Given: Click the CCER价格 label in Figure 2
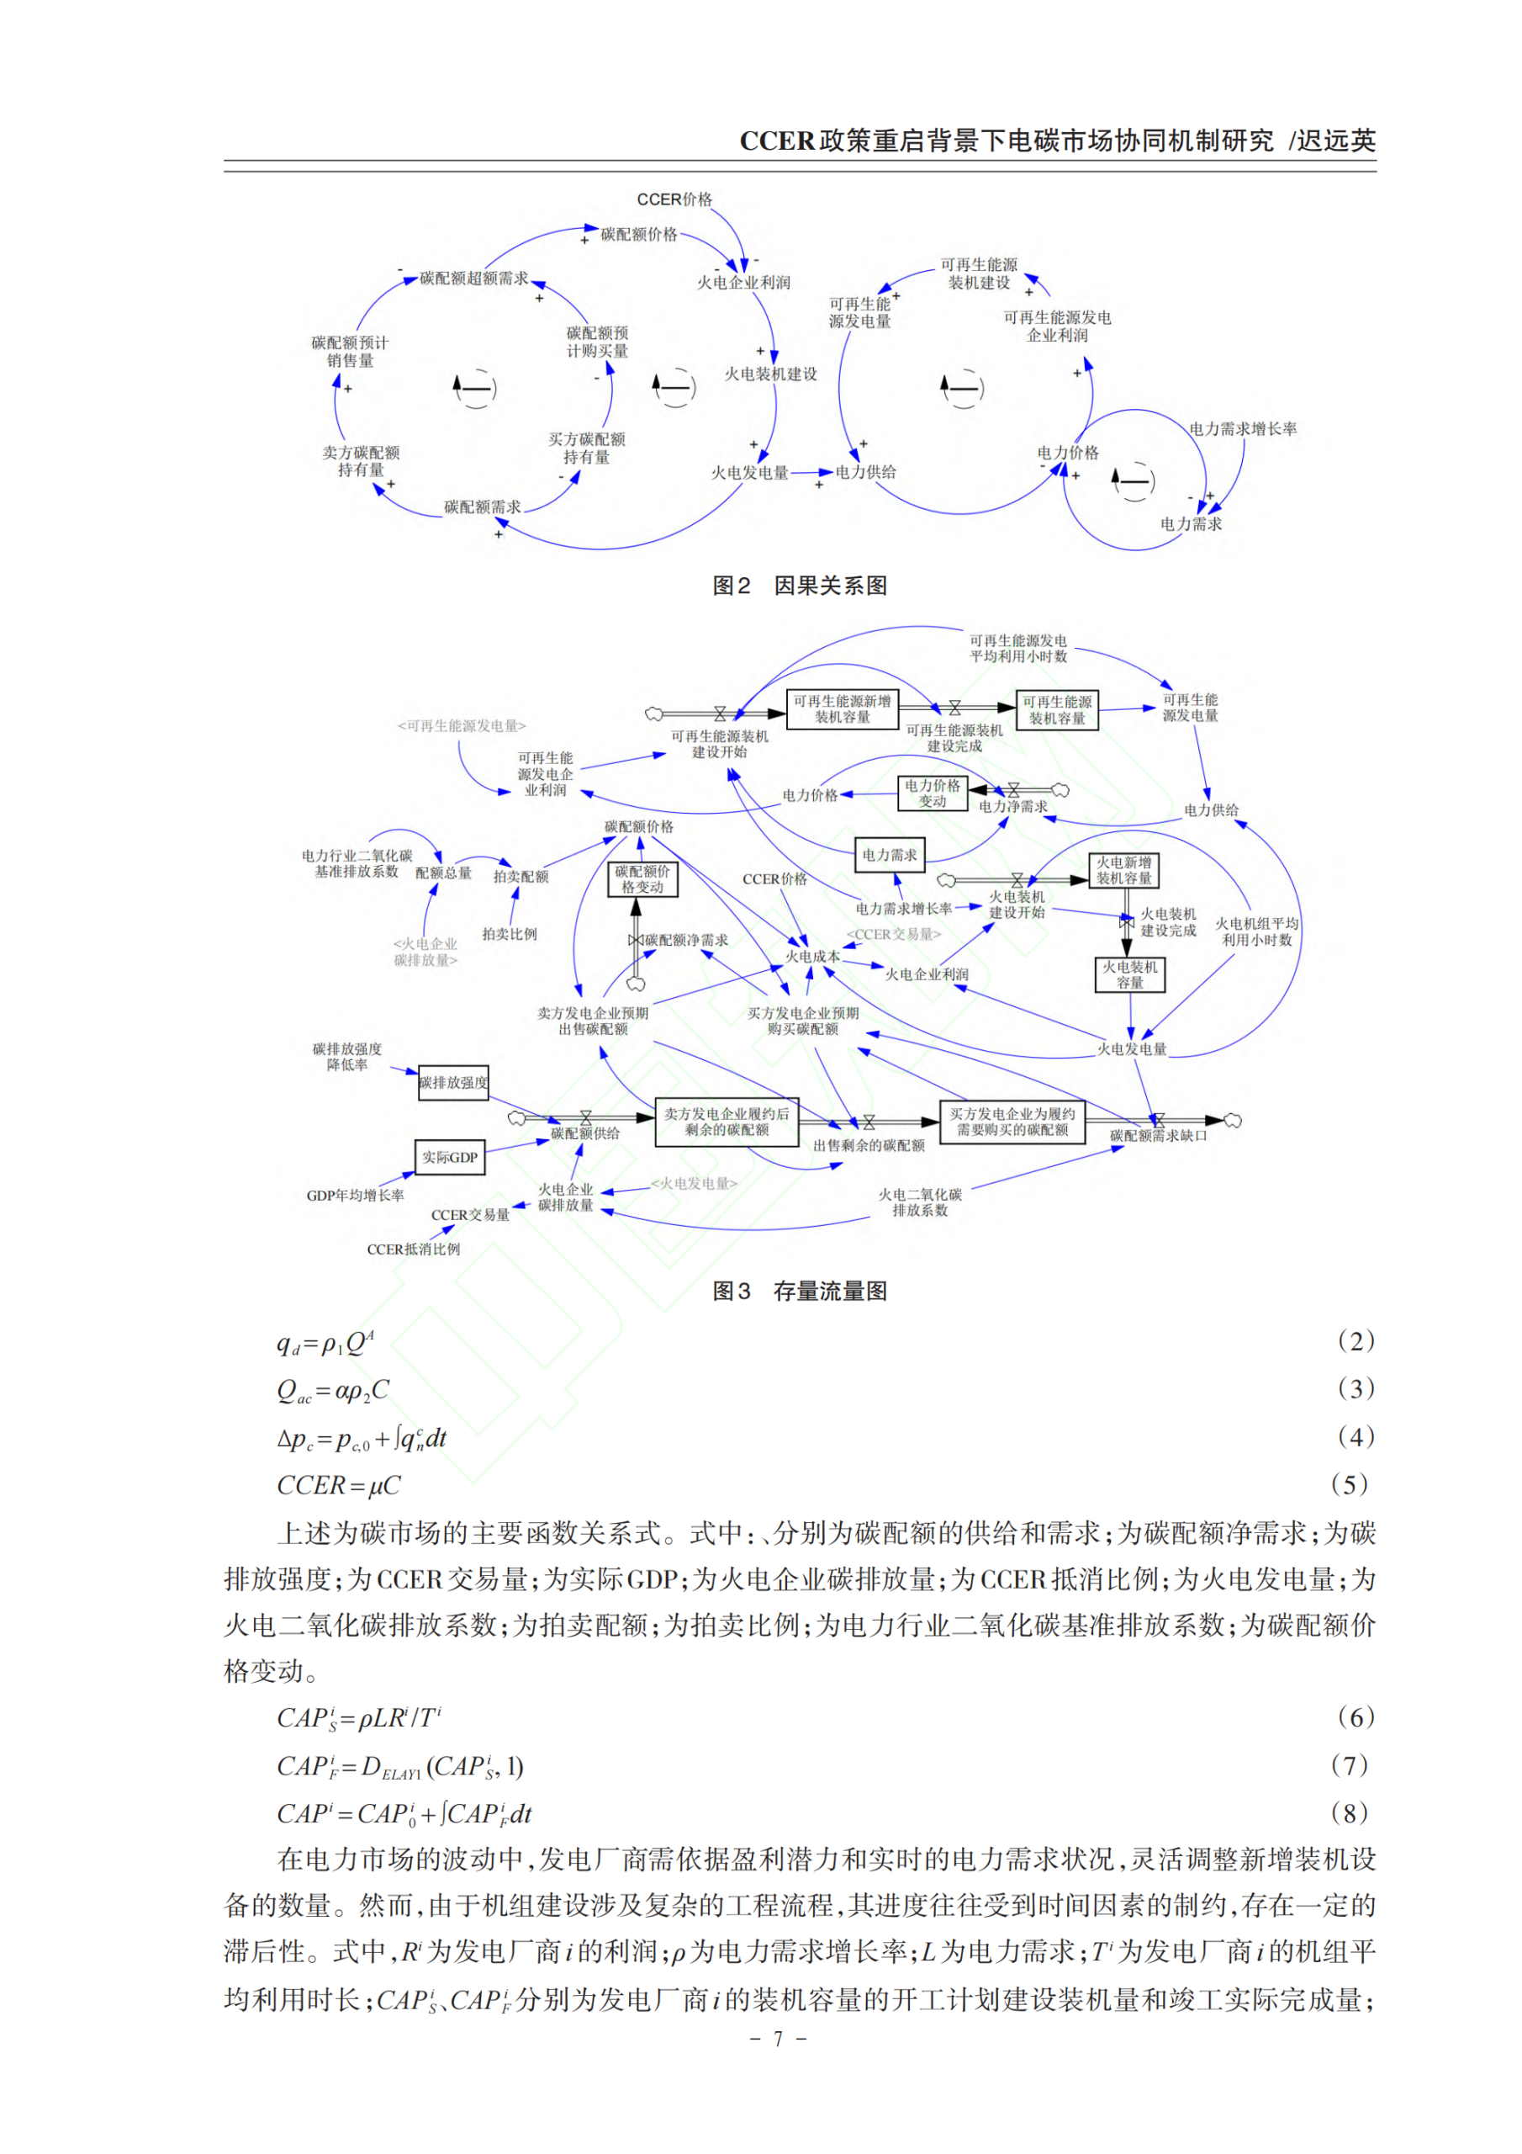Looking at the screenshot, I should (x=674, y=199).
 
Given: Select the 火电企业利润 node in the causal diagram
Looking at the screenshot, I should (x=743, y=283).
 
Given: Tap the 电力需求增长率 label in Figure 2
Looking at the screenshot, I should (x=1243, y=429).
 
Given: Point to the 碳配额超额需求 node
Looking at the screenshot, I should (x=473, y=279).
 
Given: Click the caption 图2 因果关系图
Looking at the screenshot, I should (x=799, y=586).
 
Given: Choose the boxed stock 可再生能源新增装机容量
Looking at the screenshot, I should (x=841, y=709).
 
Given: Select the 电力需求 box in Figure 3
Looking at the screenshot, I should (x=889, y=855).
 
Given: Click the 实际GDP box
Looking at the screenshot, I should (x=449, y=1158).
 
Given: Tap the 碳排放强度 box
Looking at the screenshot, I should (x=453, y=1083).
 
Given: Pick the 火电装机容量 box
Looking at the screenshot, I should (x=1129, y=974).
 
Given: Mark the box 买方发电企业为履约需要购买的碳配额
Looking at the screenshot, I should (x=1012, y=1122).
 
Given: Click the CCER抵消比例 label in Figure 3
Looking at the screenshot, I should (x=414, y=1249).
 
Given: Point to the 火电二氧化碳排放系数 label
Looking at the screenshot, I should (x=919, y=1202).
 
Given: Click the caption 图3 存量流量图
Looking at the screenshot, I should (x=799, y=1291).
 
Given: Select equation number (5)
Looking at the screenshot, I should (x=1350, y=1485).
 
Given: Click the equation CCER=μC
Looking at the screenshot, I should (x=339, y=1486).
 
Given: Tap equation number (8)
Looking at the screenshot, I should (x=1350, y=1813).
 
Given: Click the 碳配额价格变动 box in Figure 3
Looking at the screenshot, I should (x=642, y=879).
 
